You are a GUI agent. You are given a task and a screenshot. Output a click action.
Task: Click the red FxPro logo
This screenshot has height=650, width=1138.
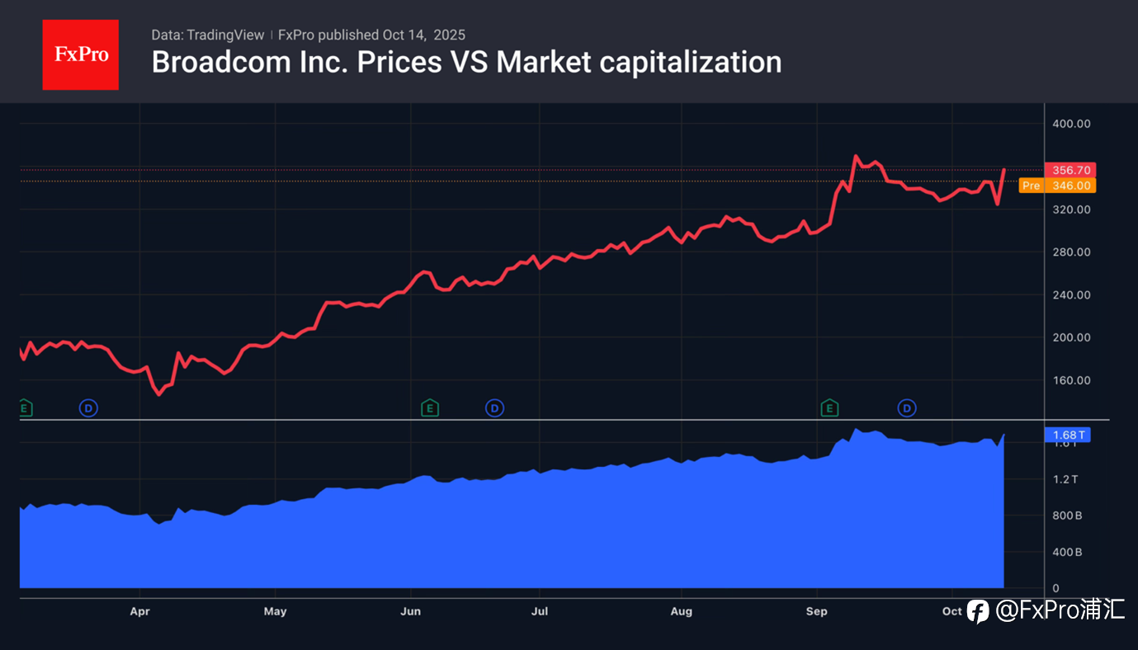pos(80,54)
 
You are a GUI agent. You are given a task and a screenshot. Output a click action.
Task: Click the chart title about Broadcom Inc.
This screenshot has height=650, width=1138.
pos(466,62)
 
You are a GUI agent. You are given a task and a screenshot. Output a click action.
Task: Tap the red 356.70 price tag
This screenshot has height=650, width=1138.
pos(1070,170)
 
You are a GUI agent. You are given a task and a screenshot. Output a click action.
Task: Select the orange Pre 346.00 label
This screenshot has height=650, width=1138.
pos(1057,186)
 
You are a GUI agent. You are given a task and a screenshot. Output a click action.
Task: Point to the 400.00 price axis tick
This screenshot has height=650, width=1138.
pos(1071,124)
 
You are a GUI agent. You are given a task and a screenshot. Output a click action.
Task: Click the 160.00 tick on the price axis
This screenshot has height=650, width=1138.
pos(1071,380)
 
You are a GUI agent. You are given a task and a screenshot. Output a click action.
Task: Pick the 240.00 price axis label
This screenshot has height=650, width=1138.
pos(1071,294)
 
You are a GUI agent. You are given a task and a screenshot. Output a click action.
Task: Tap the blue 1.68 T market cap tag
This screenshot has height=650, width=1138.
pos(1070,435)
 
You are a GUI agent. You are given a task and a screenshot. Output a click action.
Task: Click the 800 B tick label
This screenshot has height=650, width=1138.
pos(1066,516)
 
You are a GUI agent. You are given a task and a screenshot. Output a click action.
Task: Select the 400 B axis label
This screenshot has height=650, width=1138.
pos(1066,552)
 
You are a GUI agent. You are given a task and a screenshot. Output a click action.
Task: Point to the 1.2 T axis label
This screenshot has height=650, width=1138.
pos(1066,479)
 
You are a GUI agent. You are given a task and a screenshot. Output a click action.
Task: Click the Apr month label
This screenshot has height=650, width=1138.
pos(140,611)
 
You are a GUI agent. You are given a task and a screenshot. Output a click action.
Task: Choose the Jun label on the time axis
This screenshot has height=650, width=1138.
pos(410,611)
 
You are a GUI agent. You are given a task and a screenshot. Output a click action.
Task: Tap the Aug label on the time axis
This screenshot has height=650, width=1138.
pos(681,611)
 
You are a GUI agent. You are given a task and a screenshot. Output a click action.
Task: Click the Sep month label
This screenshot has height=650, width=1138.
pos(816,611)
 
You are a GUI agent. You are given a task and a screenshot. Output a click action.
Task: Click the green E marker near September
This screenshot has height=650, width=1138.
pos(829,407)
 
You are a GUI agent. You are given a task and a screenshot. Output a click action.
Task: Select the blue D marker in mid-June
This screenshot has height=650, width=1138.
pos(494,407)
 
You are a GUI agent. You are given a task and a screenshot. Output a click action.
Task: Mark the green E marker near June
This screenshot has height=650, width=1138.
pos(429,407)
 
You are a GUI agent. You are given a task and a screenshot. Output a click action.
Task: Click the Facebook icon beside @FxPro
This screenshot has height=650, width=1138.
pos(978,611)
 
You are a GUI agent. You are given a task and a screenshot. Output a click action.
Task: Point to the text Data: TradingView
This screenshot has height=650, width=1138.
pos(207,35)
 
